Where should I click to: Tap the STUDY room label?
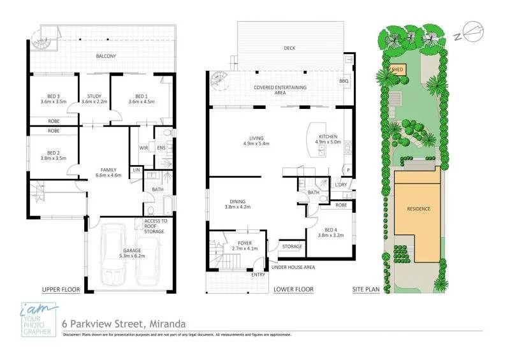(94, 97)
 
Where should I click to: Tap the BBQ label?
(344, 82)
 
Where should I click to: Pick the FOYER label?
(244, 243)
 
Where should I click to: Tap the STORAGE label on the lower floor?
(292, 246)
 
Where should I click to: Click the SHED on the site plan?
(397, 69)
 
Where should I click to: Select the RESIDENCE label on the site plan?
(418, 209)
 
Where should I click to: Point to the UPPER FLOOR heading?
(61, 290)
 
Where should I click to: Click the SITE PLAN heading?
(366, 290)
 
